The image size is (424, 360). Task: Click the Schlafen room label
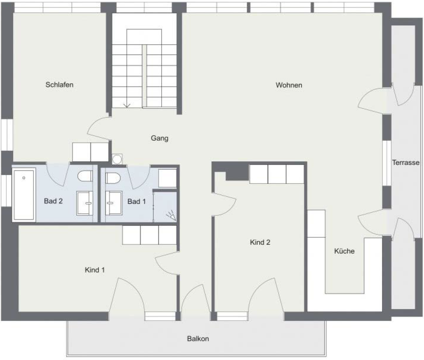(x=59, y=85)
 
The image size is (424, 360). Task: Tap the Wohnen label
(x=289, y=85)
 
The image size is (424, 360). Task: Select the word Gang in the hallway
(x=160, y=138)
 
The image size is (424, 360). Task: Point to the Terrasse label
(x=406, y=163)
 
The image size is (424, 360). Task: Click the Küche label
(x=344, y=251)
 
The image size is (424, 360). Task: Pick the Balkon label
(x=198, y=339)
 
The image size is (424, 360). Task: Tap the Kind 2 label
(x=260, y=242)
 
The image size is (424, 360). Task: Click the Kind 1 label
(x=95, y=270)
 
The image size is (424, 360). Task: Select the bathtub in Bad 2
(x=24, y=195)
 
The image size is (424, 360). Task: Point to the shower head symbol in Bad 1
(x=170, y=215)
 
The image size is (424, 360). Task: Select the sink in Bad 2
(x=85, y=203)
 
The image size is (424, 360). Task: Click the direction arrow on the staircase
(x=127, y=104)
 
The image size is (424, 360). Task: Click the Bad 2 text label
(x=53, y=202)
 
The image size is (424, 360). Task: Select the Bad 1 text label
(x=136, y=202)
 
